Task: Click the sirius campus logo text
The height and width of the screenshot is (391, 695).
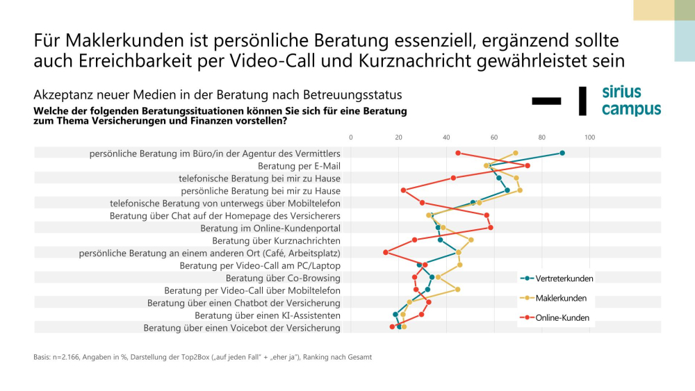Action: [x=631, y=101]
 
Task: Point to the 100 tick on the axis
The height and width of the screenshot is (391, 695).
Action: [x=590, y=138]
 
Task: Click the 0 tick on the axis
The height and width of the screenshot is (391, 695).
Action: [x=351, y=138]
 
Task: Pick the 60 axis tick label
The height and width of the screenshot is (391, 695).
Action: [x=494, y=138]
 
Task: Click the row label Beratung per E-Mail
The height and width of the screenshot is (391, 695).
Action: [x=299, y=166]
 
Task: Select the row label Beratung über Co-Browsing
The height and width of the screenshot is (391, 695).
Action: [x=291, y=278]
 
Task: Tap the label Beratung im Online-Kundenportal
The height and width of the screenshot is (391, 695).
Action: [x=270, y=228]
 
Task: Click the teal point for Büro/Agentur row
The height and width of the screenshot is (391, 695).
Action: [x=562, y=153]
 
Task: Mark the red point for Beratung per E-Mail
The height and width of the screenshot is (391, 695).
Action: [x=528, y=165]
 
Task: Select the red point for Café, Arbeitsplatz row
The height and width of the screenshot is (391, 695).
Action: [x=386, y=252]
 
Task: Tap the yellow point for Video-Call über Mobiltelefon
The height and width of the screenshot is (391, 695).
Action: [x=457, y=289]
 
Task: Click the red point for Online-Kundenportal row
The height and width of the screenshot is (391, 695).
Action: [x=491, y=227]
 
